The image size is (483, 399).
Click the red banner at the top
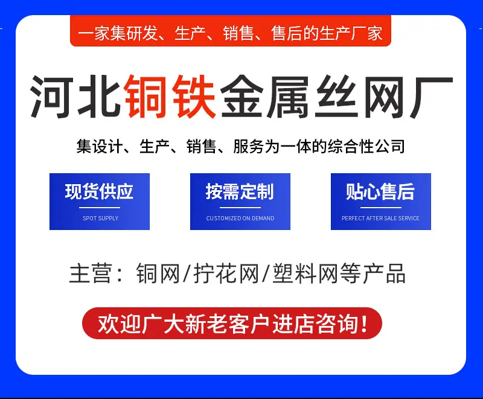(231, 31)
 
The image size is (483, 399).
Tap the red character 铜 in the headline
(147, 97)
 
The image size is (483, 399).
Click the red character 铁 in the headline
(194, 97)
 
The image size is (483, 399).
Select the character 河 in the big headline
(52, 97)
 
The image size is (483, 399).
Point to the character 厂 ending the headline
(430, 97)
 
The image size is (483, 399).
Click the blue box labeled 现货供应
(100, 202)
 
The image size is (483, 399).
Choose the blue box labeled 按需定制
(240, 202)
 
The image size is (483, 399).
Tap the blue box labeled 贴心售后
(381, 202)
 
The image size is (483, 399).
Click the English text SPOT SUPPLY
(100, 219)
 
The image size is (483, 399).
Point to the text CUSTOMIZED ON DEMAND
(240, 219)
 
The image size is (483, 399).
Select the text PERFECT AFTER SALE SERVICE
(380, 219)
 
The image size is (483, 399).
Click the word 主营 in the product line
(90, 273)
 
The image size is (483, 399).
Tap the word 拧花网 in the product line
(226, 273)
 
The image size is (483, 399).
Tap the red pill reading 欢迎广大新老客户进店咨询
(232, 324)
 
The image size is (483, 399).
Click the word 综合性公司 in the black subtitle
(366, 146)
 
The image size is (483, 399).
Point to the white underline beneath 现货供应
(100, 208)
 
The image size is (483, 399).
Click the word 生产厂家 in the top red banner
(351, 33)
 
